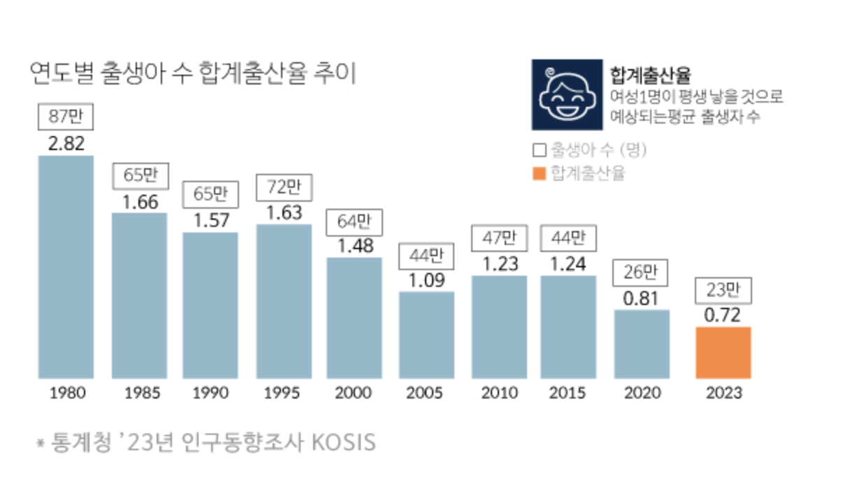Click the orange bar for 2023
723,352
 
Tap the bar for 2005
426,335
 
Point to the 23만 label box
723,290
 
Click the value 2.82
66,144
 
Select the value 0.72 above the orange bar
723,315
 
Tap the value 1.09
426,280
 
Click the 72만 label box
284,187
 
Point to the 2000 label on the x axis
353,393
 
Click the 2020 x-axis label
642,393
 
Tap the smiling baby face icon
567,95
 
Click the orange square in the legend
538,173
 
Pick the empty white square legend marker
538,150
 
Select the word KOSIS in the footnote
343,443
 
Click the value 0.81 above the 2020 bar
642,298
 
